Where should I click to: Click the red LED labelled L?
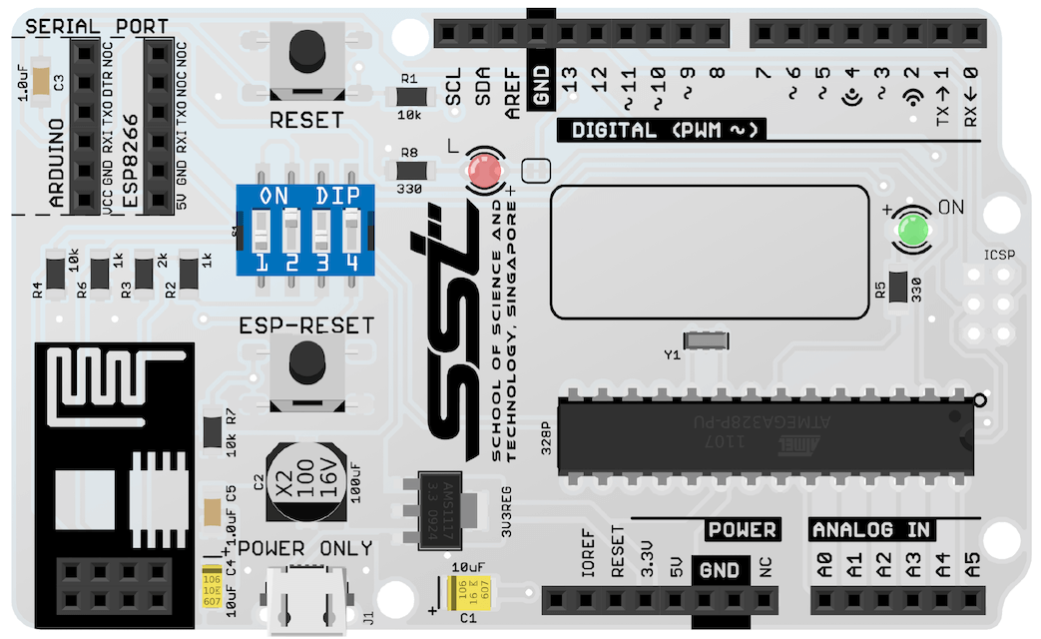pos(485,172)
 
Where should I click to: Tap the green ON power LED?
pos(913,231)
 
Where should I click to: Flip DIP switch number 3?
pos(321,232)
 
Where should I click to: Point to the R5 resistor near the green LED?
pos(896,287)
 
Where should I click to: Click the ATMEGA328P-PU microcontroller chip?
pos(765,435)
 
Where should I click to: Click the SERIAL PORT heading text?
pos(96,26)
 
